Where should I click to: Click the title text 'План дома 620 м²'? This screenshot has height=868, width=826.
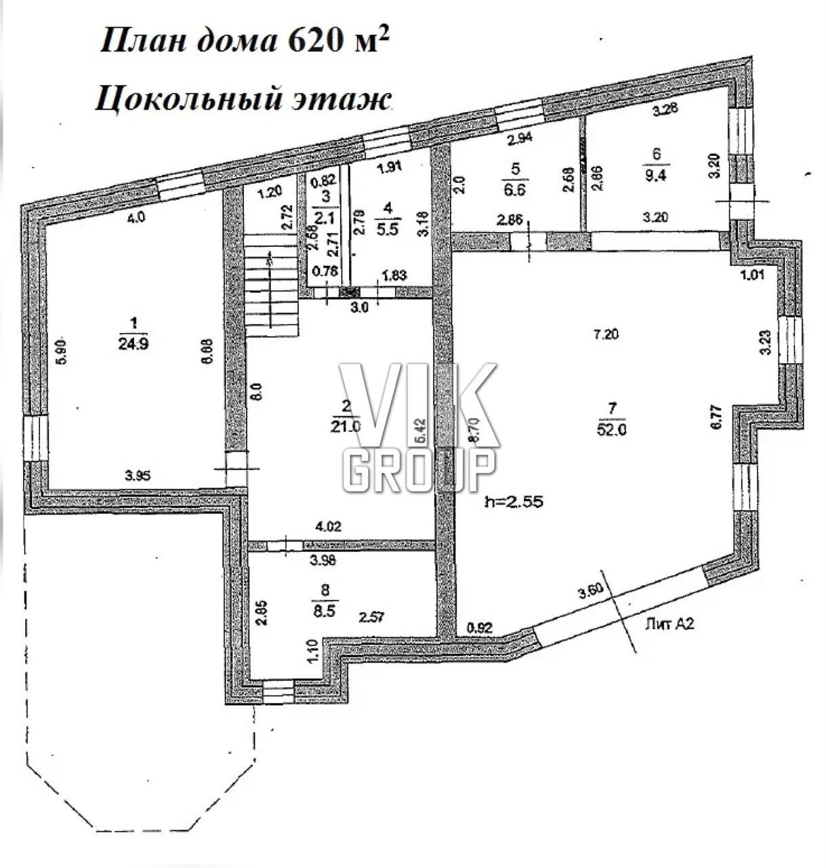click(x=245, y=41)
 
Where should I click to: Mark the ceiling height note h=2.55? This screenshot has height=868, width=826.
click(x=515, y=502)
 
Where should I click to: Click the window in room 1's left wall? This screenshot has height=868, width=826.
click(x=35, y=438)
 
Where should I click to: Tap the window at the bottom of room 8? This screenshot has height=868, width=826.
click(x=278, y=692)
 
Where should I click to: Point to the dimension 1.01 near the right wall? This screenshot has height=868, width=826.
click(x=754, y=275)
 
